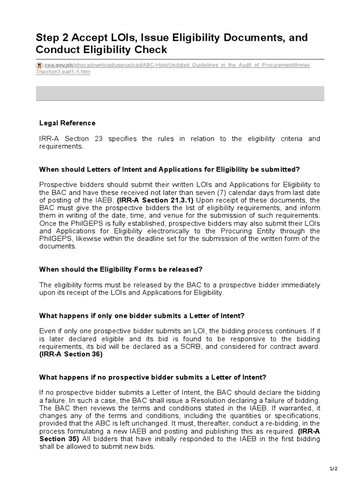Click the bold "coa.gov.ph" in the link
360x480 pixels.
click(57, 65)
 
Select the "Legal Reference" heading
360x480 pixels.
click(67, 123)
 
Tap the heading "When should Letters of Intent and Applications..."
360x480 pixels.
click(169, 169)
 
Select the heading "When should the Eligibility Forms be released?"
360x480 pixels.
click(121, 270)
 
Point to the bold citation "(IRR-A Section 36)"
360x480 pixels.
click(71, 354)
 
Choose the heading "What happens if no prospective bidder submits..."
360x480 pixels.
click(153, 377)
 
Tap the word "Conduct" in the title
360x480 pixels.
click(56, 50)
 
